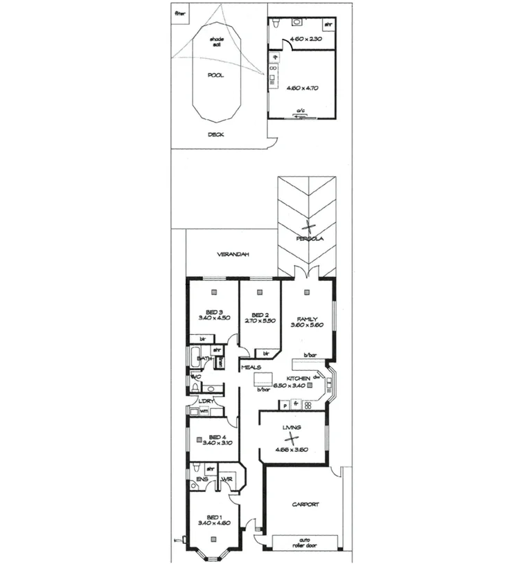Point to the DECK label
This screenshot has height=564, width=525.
216,134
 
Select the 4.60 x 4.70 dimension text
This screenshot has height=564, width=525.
301,88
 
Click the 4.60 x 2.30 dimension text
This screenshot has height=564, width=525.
302,40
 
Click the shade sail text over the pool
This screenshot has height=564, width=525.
217,43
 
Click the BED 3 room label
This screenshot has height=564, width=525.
214,311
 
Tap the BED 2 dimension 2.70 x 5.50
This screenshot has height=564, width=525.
260,321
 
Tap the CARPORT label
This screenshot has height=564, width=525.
305,504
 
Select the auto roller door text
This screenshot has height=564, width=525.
303,543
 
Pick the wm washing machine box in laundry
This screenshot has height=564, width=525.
204,411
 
